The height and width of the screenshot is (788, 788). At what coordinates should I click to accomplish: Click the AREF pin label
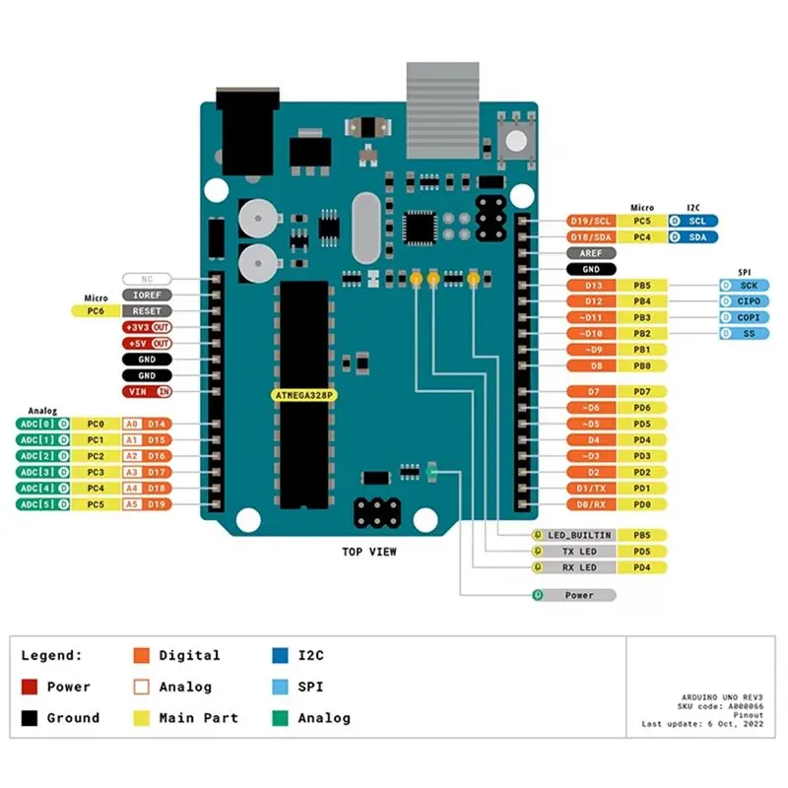592,252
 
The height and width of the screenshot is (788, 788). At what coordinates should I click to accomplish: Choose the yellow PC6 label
96,310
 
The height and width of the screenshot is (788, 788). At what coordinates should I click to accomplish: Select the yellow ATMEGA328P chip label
303,395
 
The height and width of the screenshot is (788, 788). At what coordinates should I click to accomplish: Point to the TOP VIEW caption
369,552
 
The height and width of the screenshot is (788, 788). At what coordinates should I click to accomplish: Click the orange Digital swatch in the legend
142,655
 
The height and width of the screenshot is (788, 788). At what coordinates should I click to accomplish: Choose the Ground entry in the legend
60,718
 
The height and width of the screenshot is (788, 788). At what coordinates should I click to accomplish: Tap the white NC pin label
147,279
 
